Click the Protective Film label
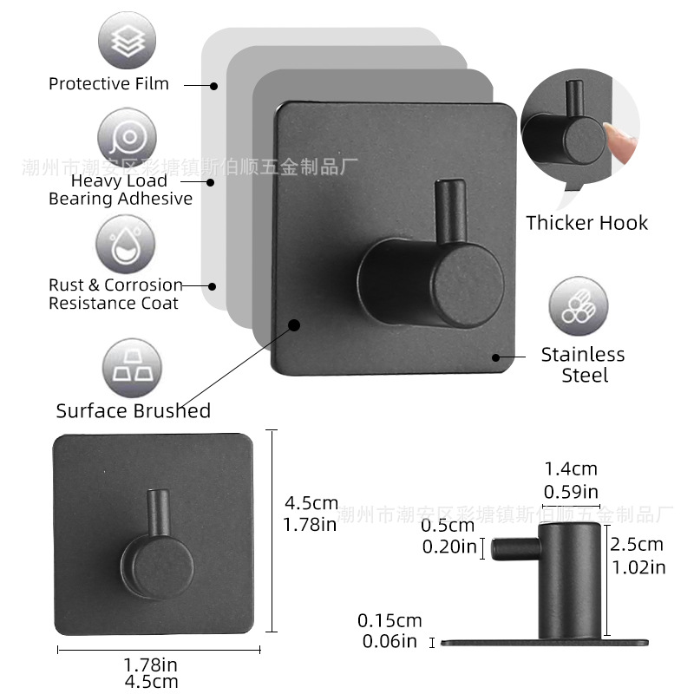tap(108, 84)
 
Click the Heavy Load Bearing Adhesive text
tap(120, 190)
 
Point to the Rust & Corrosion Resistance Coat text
tap(115, 294)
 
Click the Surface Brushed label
tap(134, 411)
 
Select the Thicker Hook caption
tap(586, 223)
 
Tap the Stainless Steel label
tap(583, 365)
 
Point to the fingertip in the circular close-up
tap(621, 139)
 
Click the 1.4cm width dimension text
tap(570, 469)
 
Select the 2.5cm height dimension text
tap(638, 545)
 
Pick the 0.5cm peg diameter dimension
tap(448, 526)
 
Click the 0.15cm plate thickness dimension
tap(390, 621)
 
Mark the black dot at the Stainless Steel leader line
tap(496, 357)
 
